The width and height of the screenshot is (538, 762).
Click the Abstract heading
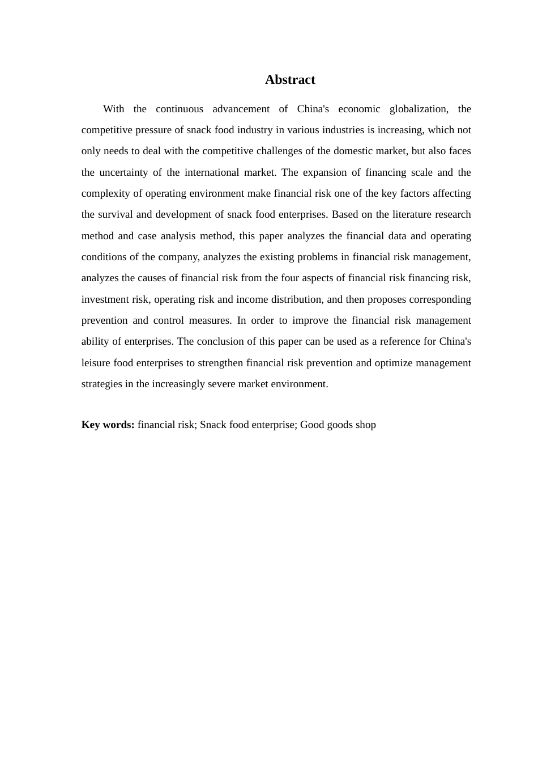coord(290,80)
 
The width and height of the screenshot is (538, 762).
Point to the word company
coord(177,257)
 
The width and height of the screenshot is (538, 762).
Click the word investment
coord(104,299)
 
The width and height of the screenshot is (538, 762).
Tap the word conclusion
coord(221,341)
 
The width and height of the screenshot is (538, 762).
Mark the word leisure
coord(96,363)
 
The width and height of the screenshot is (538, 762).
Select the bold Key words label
coord(108,425)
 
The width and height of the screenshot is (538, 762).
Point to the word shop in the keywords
coord(365,425)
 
